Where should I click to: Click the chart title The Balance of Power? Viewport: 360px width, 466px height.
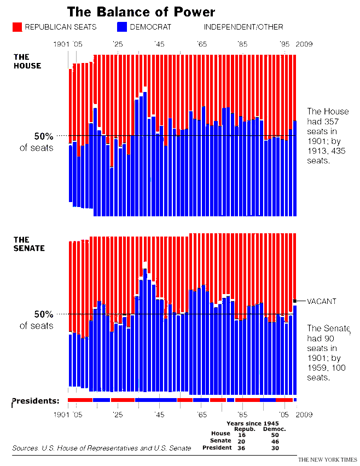[141, 12]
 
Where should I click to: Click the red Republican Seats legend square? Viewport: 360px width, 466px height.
[17, 26]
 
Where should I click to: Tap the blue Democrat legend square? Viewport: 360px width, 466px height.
[121, 26]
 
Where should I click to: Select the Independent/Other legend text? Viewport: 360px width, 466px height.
[243, 27]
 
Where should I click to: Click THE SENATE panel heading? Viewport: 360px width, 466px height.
[29, 244]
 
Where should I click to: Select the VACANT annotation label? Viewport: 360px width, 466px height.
[321, 301]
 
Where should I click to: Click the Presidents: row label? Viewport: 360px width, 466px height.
[36, 401]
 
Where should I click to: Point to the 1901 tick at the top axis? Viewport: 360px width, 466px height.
[61, 44]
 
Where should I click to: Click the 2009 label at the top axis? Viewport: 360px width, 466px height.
[304, 44]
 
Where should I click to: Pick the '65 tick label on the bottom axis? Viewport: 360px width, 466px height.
[201, 415]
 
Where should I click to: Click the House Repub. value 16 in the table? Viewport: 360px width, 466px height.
[241, 434]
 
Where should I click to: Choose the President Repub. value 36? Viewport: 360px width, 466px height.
[241, 448]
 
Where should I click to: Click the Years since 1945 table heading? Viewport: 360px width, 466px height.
[253, 423]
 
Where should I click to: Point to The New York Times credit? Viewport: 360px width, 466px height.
[327, 458]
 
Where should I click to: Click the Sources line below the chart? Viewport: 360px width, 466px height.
[102, 448]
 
